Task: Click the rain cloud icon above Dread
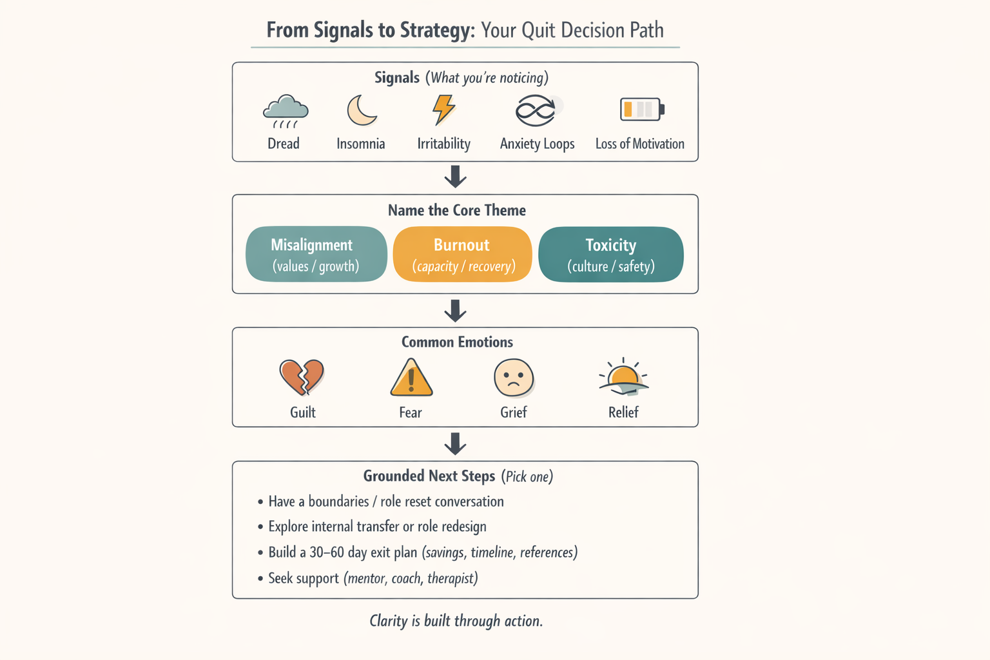(285, 111)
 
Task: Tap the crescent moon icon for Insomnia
(362, 110)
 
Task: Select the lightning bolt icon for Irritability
(443, 109)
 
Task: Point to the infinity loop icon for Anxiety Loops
(536, 110)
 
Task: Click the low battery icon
(641, 110)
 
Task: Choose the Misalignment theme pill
(316, 254)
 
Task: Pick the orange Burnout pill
(462, 254)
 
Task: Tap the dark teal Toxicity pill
(610, 254)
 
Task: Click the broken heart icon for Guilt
(302, 377)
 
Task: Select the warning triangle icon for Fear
(411, 378)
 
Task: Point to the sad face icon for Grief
(514, 378)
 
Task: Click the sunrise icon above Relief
(623, 377)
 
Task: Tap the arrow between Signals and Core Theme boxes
(456, 177)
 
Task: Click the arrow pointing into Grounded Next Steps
(456, 443)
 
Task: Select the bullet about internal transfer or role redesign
(377, 527)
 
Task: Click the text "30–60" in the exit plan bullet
(327, 552)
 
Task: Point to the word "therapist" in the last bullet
(452, 578)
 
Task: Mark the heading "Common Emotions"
(457, 342)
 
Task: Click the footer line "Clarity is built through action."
(456, 621)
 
